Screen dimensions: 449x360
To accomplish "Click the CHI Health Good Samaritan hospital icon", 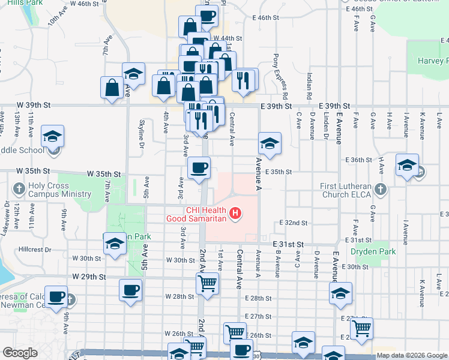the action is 236,213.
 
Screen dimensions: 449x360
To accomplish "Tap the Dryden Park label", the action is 373,252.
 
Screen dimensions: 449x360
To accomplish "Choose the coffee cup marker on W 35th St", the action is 199,167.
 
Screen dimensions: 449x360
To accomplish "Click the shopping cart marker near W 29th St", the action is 207,283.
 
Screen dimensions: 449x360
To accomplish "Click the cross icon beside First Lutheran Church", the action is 380,190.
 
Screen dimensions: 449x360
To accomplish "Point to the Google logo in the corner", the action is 19,353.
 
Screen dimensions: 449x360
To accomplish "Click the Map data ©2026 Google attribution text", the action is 412,356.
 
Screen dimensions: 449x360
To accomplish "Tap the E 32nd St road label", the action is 294,223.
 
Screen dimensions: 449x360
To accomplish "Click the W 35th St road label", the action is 104,173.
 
